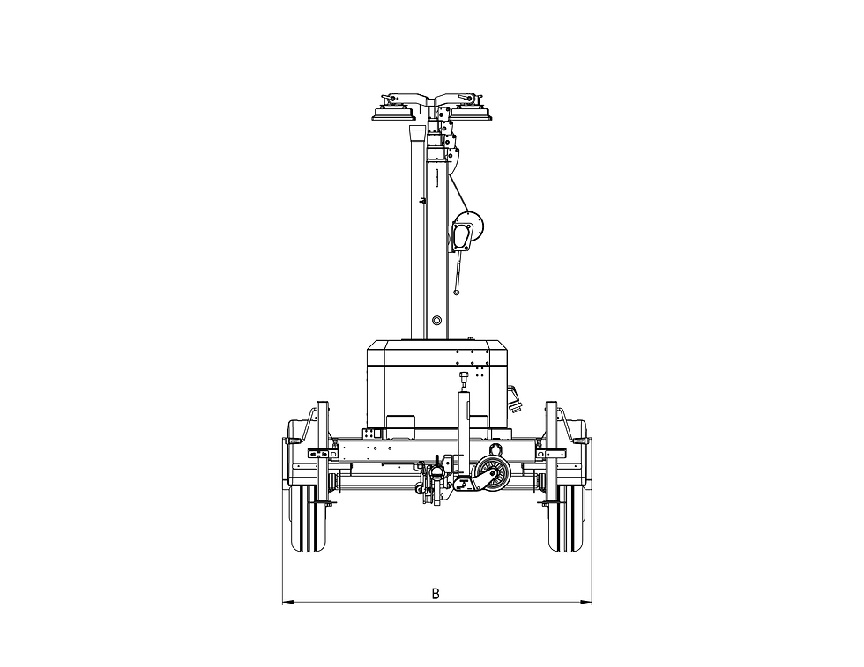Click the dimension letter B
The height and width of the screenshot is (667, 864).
[x=436, y=594]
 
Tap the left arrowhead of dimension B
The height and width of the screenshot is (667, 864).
[x=286, y=603]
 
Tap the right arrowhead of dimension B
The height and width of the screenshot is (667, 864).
[x=588, y=603]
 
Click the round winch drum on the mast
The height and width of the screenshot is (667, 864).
[x=469, y=226]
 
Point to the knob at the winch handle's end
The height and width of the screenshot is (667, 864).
[x=457, y=293]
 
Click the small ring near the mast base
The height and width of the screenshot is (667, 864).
[x=437, y=320]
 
